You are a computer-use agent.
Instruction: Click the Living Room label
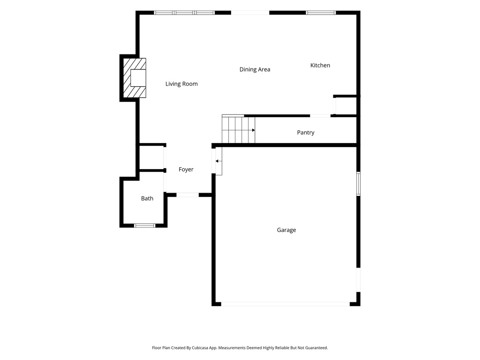click(x=181, y=84)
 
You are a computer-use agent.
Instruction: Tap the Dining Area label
click(x=255, y=69)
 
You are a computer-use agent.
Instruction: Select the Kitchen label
click(x=320, y=65)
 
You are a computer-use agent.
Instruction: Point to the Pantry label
click(x=306, y=133)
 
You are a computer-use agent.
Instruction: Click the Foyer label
click(x=186, y=169)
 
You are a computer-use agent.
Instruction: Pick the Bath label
click(x=147, y=198)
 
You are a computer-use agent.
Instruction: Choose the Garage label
click(x=286, y=230)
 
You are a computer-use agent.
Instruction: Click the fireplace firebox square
click(x=138, y=78)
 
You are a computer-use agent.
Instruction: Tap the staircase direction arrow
click(x=254, y=130)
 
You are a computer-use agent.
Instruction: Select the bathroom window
click(x=145, y=225)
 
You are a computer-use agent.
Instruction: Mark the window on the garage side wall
click(x=358, y=184)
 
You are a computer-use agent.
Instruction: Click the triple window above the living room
click(x=184, y=13)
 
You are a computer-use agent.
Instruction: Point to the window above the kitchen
click(x=321, y=13)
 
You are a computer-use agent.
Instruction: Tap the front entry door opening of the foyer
click(x=187, y=195)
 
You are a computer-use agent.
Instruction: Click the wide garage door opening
click(x=285, y=304)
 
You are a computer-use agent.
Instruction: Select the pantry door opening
click(x=320, y=116)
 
